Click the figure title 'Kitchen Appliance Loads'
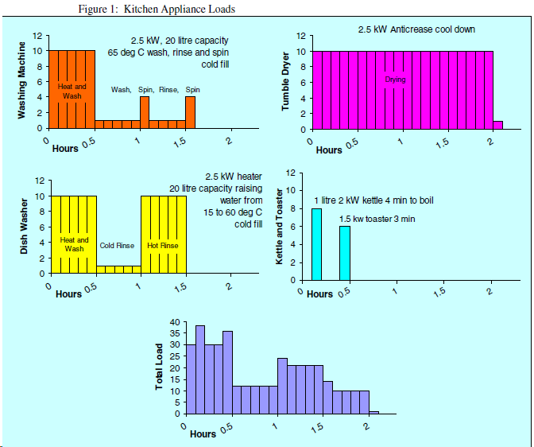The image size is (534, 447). pos(180,9)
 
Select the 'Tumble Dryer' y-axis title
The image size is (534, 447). pos(286,84)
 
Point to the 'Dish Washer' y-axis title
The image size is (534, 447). pos(23,229)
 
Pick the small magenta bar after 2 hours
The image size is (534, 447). pos(497,125)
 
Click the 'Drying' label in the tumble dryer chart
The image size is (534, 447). pos(395,80)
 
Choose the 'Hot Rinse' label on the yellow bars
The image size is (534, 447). pos(163,246)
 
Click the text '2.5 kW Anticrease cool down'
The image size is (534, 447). pos(416,29)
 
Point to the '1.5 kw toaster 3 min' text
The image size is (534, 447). pos(377,219)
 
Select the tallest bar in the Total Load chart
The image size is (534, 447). pos(200,370)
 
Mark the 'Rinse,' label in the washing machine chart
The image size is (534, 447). pos(168,90)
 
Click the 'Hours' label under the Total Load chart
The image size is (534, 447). pos(203,434)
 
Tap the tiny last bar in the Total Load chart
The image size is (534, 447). pos(373,413)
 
